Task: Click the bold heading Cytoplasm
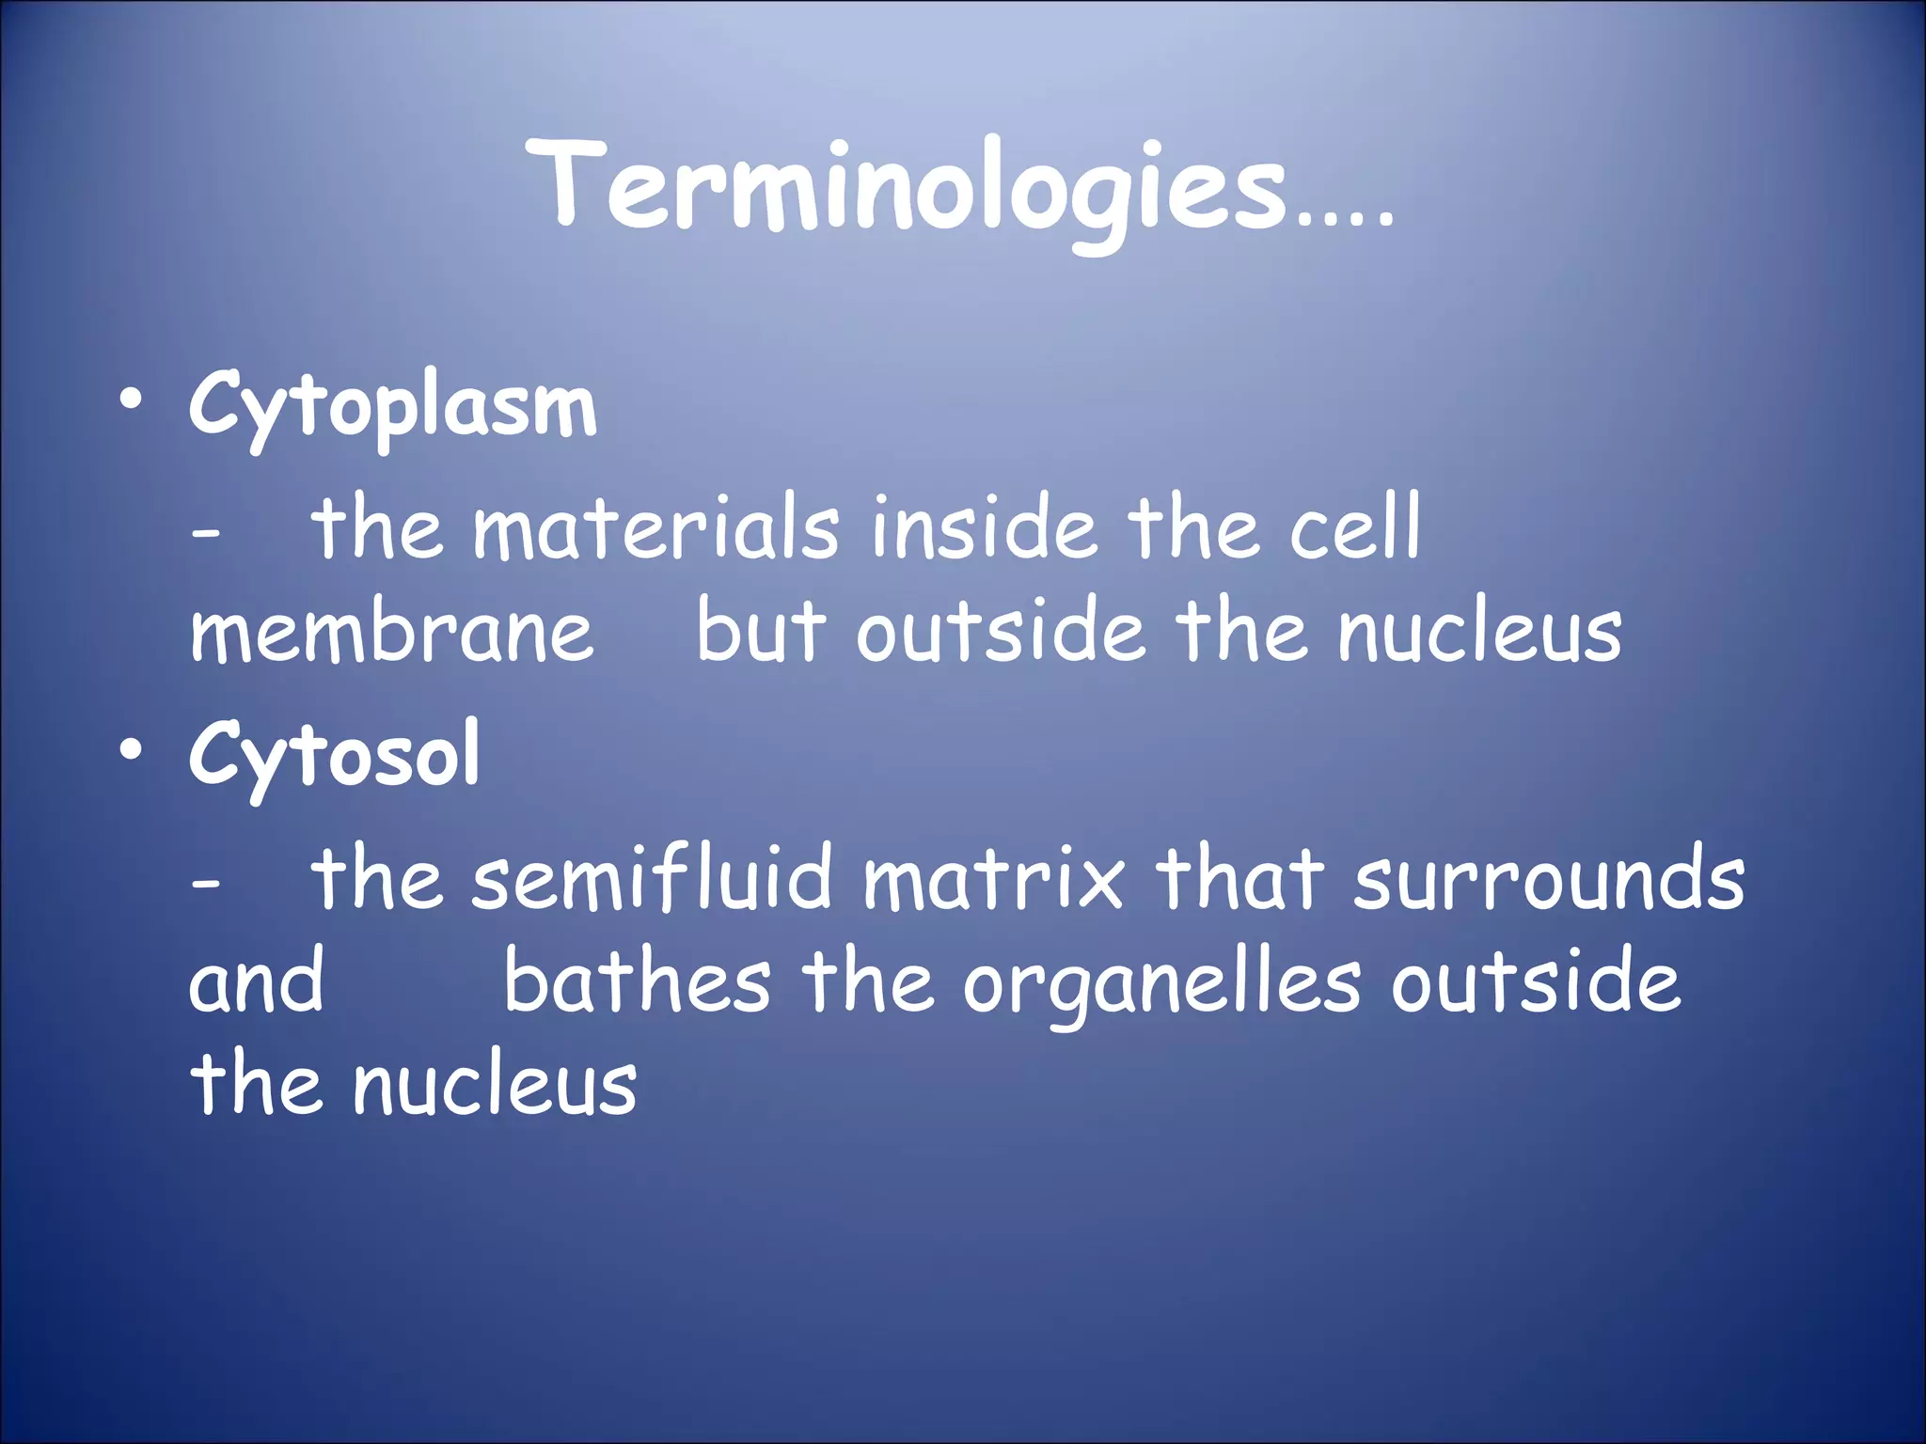tap(392, 407)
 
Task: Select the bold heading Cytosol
tap(334, 755)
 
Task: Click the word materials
tap(655, 528)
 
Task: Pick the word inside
tap(984, 528)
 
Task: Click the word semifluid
tap(652, 878)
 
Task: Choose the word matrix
tap(993, 878)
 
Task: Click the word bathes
tap(638, 981)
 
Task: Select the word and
tap(256, 981)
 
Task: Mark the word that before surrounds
tap(1239, 878)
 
